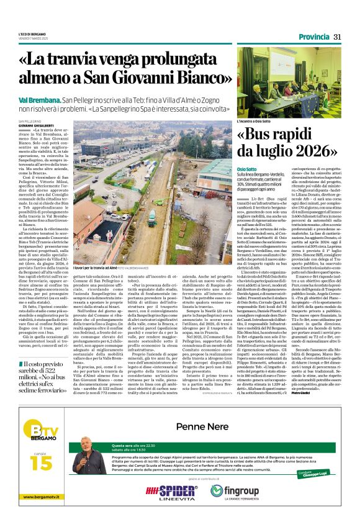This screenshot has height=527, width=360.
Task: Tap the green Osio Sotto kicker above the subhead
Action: coord(246,169)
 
